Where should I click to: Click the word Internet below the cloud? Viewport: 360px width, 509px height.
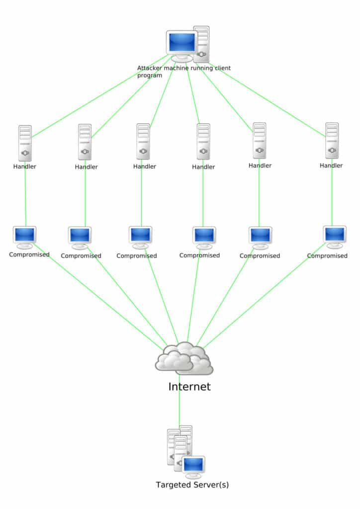pos(189,387)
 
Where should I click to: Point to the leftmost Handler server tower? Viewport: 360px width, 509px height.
pos(25,142)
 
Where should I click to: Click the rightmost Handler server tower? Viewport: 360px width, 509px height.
pos(332,140)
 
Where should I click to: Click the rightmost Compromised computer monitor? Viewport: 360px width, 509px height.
pos(335,234)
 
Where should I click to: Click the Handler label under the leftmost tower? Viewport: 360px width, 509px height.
pos(25,166)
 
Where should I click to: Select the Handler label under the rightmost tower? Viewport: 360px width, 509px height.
pos(331,166)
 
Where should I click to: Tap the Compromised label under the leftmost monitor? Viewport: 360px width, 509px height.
pos(29,254)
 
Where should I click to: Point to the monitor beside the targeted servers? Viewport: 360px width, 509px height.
pos(193,465)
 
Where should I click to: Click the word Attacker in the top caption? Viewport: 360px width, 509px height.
pos(151,68)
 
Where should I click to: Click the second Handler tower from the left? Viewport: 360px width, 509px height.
pos(85,142)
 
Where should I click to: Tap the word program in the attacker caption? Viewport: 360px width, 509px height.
pos(150,76)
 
